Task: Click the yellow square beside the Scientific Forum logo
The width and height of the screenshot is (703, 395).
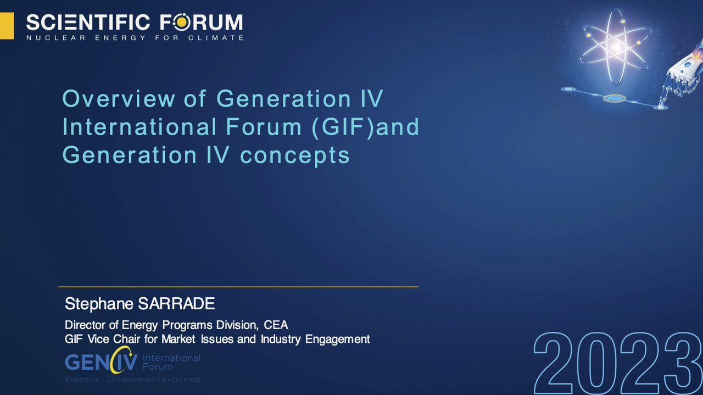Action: point(7,26)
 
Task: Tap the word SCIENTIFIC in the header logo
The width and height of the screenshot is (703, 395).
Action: point(88,23)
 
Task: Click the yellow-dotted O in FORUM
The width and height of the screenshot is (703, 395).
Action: point(181,23)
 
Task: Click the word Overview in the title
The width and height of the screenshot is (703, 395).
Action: point(119,98)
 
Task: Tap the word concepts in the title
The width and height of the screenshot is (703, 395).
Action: point(295,156)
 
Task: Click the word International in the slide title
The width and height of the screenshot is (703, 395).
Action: point(140,127)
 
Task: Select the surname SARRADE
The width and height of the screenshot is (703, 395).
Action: point(176,304)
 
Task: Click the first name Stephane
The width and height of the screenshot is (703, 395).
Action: point(99,304)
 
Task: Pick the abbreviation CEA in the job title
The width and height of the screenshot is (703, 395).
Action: point(276,325)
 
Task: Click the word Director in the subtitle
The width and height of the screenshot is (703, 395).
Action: point(85,325)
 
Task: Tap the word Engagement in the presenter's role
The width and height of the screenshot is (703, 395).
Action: point(338,340)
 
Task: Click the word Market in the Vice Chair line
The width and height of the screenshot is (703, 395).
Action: point(178,339)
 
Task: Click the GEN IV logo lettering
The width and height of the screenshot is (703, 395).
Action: point(101,360)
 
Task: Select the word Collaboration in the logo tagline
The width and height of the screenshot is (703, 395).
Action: point(131,380)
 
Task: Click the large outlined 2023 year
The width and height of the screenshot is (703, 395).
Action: point(618,363)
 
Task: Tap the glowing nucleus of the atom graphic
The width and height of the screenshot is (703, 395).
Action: point(616,47)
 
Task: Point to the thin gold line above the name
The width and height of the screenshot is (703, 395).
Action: point(238,287)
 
